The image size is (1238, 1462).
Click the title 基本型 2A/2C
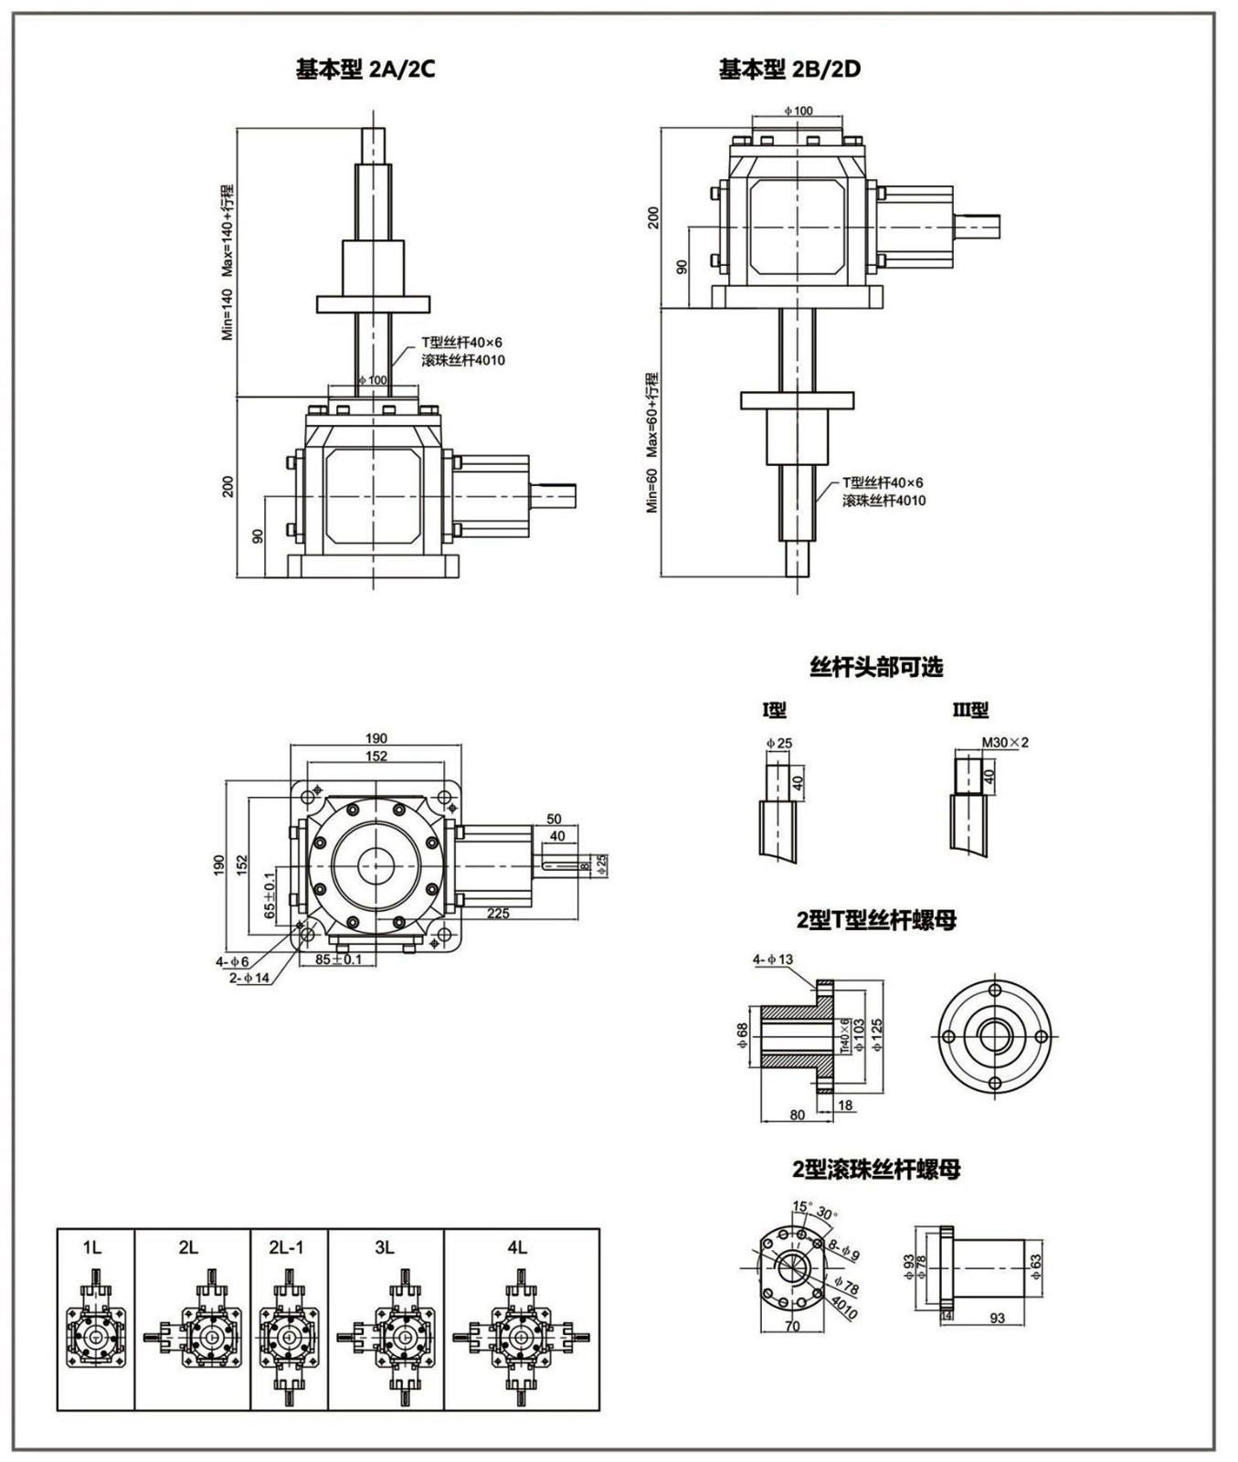tap(359, 69)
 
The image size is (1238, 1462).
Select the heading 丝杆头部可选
tap(876, 668)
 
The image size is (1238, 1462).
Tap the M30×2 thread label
tap(1005, 742)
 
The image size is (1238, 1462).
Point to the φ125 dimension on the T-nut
tap(876, 1036)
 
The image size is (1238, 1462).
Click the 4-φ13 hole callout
tap(773, 959)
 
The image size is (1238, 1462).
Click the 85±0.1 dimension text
tap(338, 959)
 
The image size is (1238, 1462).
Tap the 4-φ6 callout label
tap(232, 961)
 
